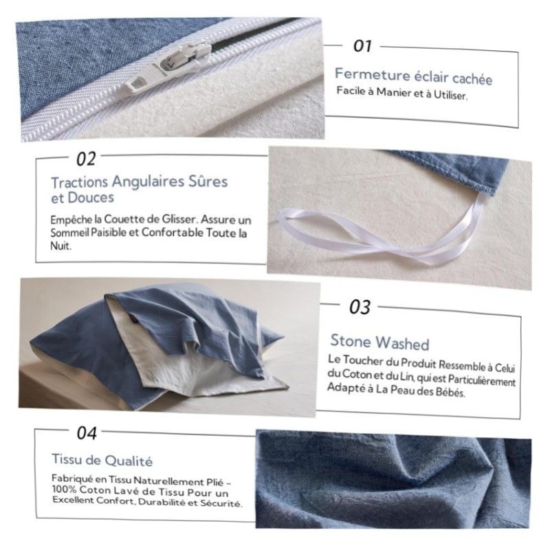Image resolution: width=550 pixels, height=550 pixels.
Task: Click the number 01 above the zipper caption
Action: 362,45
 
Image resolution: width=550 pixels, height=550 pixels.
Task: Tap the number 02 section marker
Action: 86,159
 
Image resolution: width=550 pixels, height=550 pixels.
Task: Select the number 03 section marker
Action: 360,307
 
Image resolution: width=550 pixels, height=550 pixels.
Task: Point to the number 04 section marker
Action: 87,433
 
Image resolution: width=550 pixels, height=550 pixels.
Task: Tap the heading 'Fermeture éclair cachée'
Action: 414,76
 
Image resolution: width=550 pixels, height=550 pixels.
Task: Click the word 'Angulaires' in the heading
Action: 148,182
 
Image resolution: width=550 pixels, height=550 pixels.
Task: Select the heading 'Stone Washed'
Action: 379,342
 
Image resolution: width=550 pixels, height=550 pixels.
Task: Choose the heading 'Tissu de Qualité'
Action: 102,460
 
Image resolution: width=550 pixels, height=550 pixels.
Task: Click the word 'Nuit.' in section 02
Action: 60,245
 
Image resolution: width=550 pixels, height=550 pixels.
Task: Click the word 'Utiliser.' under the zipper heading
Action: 451,95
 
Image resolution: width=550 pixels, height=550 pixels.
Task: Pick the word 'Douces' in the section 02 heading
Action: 91,198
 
